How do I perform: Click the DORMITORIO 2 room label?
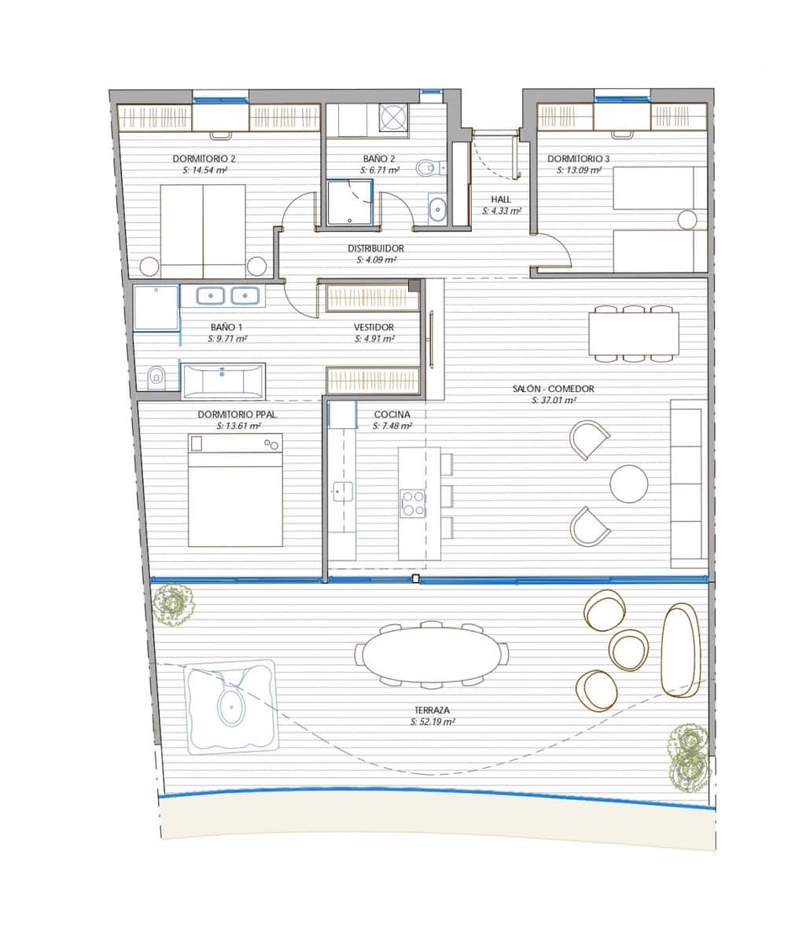tap(204, 158)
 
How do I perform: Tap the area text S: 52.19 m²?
tap(433, 721)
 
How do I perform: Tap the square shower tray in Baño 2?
tap(349, 202)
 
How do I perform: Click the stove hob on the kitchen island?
tap(413, 504)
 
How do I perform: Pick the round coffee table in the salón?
tap(629, 483)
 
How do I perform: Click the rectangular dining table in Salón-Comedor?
tap(633, 334)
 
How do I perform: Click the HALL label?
tap(501, 200)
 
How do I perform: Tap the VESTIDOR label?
tap(374, 328)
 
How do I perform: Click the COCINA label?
tap(391, 415)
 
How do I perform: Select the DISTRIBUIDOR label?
tap(375, 248)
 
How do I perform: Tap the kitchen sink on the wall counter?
tap(339, 491)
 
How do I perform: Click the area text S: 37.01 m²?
tap(554, 400)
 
